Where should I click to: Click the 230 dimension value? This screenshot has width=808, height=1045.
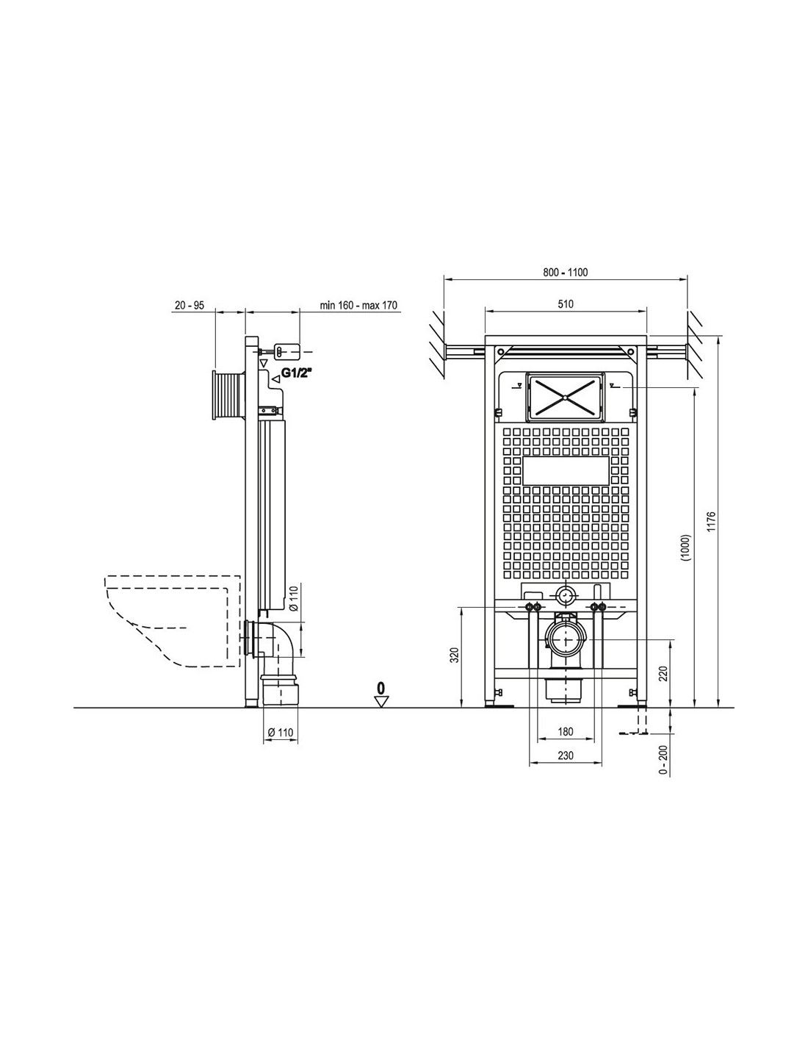[566, 755]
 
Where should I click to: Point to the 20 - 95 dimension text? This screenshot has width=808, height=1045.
[190, 305]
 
